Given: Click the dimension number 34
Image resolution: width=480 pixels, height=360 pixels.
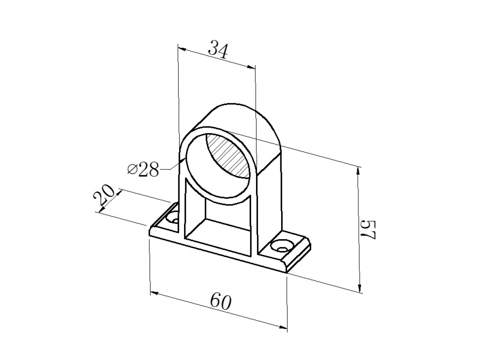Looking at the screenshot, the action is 218,50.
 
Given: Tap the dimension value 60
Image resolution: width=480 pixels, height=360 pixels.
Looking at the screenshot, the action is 220,302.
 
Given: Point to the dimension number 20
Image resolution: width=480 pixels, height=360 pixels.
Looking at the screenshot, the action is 104,195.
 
